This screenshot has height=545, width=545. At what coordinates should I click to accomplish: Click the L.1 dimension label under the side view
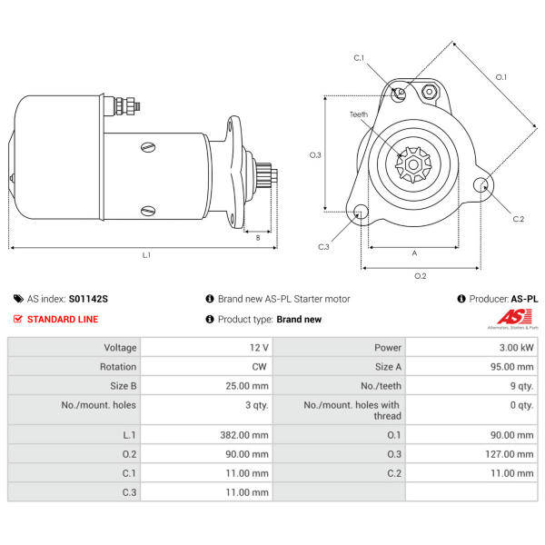(146, 255)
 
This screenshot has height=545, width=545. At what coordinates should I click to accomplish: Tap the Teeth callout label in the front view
(360, 114)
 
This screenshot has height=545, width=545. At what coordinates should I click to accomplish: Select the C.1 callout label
(359, 58)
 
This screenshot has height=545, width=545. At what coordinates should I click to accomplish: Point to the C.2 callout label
(518, 219)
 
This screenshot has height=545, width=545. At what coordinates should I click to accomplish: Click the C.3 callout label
(323, 246)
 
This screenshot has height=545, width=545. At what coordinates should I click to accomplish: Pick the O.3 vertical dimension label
(315, 155)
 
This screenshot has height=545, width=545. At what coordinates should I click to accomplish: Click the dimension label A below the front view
(414, 253)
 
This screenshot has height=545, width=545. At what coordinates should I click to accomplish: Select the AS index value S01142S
(88, 298)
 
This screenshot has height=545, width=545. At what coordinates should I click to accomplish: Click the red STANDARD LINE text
(63, 320)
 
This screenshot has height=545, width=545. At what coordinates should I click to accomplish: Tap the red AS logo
(513, 317)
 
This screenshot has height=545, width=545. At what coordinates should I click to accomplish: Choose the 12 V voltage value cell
(258, 348)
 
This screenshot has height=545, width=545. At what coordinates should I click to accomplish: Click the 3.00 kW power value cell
(515, 348)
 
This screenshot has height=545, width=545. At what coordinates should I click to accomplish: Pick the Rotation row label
(118, 367)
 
